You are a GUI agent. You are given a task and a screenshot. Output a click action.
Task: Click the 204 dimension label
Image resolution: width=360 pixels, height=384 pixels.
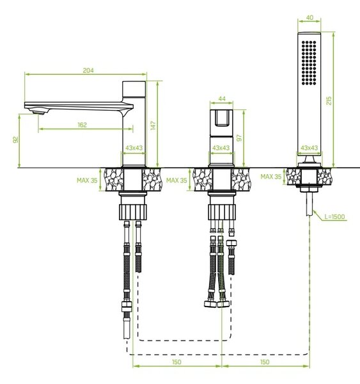[x=88, y=70]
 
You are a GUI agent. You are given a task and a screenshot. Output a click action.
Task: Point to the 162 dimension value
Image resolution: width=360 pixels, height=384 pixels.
[x=82, y=125]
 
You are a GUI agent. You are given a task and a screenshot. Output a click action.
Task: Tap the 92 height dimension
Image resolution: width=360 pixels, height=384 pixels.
[x=15, y=140]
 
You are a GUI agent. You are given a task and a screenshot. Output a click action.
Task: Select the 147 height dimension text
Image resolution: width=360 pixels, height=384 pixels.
[x=153, y=125]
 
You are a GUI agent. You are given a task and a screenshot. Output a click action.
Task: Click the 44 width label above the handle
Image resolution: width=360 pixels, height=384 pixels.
[x=222, y=99]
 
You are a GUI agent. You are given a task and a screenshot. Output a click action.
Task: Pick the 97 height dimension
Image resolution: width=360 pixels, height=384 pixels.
[x=239, y=138]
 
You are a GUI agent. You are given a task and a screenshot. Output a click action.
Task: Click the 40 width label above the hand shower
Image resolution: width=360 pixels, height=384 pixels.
[x=309, y=18]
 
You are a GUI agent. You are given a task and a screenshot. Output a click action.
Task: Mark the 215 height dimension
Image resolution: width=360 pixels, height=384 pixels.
[x=329, y=100]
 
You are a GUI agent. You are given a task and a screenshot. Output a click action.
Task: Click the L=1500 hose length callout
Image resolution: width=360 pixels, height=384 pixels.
[x=334, y=216]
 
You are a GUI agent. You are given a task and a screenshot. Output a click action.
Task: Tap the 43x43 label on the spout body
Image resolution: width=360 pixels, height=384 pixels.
[x=134, y=148]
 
